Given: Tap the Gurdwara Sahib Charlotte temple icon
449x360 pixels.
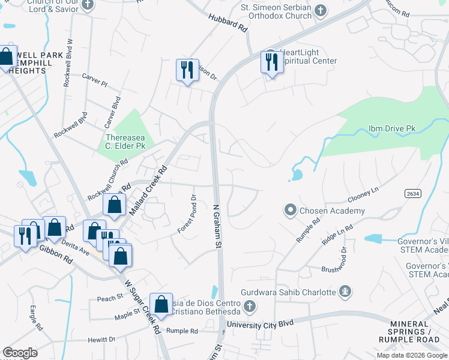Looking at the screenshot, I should [x=345, y=292].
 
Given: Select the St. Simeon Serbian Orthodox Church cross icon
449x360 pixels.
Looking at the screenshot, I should [x=321, y=10].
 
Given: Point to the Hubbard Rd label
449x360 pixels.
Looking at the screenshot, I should [x=228, y=23].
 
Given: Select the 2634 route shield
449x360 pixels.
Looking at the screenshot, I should [x=412, y=193].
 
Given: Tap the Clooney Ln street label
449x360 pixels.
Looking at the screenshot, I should [x=363, y=194].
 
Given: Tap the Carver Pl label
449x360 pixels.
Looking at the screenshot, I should [x=94, y=82].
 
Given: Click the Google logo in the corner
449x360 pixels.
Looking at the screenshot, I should [x=20, y=353].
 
